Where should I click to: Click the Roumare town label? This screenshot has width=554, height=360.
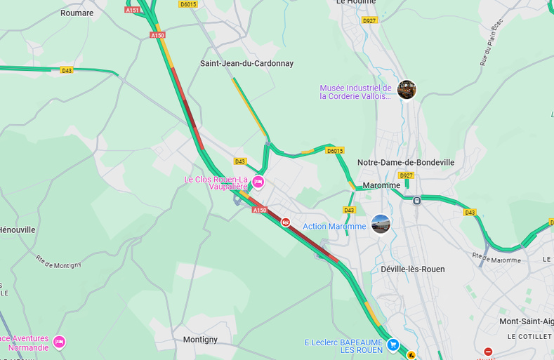[x=77, y=13]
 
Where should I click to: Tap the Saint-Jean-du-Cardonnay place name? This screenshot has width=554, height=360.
[x=246, y=64]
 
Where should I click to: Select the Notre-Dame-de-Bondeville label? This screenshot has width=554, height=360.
[x=406, y=163]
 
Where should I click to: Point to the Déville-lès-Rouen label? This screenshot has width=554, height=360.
[x=413, y=269]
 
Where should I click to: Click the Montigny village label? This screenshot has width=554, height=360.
[x=200, y=340]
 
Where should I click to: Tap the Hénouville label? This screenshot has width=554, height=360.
[x=17, y=230]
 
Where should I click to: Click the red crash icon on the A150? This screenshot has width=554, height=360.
[x=286, y=222]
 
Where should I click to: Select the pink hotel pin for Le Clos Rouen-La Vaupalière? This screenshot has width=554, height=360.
[x=258, y=182]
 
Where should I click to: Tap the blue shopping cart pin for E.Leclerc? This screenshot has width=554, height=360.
[x=393, y=344]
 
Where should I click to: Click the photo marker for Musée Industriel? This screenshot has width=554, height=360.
[x=407, y=89]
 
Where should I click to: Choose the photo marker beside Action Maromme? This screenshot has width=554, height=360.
[x=381, y=224]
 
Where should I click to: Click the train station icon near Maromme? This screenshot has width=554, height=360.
[x=417, y=200]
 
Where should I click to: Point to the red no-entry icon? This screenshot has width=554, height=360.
[x=488, y=351]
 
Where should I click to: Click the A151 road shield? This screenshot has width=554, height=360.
[x=132, y=10]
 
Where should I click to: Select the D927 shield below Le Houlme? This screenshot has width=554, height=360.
[x=369, y=21]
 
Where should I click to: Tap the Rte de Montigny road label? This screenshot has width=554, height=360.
[x=58, y=261]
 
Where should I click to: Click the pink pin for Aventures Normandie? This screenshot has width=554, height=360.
[x=59, y=342]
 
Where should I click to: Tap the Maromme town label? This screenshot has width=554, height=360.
[x=381, y=186]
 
